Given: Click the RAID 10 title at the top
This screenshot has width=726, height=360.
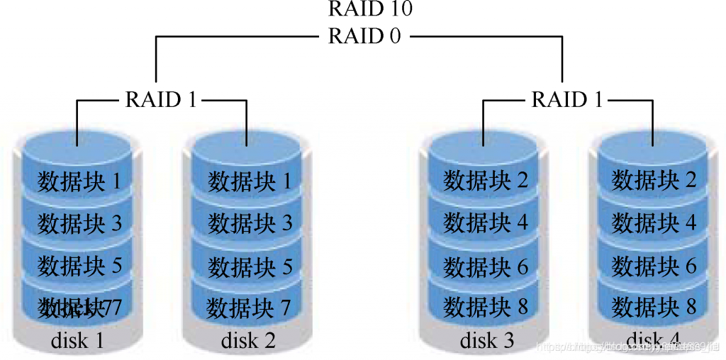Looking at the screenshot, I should coord(370,9).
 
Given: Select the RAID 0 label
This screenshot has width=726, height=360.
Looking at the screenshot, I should coord(364,35).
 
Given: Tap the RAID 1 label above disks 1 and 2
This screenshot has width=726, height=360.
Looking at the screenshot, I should coord(161,99).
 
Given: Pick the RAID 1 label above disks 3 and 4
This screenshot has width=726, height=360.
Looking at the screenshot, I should coord(567,99).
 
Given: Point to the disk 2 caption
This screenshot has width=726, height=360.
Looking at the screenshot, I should coord(248,341).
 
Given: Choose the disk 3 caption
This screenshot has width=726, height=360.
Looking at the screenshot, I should coord(487,341).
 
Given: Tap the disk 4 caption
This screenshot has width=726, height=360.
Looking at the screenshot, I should coord(653,339).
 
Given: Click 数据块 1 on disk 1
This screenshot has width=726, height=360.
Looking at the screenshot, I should coord(79,181).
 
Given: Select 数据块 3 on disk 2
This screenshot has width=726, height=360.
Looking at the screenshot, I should coord(250,224).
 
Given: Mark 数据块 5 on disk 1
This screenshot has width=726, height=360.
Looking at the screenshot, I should coord(79,266).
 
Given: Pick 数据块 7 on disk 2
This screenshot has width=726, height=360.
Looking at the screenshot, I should coord(249,308).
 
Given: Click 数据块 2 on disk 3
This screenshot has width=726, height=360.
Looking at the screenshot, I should coord(486,181).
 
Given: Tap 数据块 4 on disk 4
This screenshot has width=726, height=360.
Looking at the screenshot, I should coord(654,223).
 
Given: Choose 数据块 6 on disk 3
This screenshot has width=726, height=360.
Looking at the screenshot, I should coord(486,266).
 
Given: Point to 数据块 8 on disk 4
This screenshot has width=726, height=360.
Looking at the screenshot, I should coord(654,307).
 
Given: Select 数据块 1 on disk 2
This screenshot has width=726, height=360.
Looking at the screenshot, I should coord(250,181).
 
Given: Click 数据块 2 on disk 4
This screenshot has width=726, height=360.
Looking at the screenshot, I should coord(654,181).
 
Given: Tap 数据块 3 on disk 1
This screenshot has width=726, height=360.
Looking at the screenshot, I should coord(79,223).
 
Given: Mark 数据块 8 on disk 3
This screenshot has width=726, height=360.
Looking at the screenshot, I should coord(486,308).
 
